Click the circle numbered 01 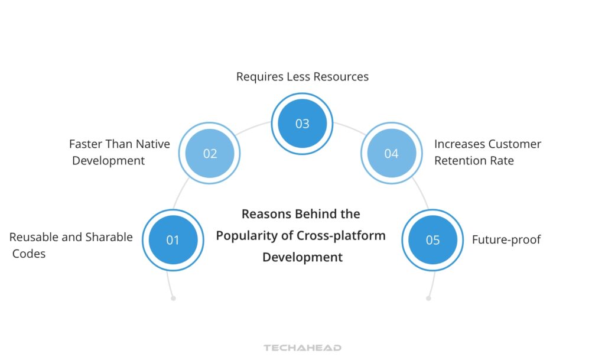pyautogui.click(x=173, y=240)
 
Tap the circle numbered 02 pyautogui.click(x=210, y=154)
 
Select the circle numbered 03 pyautogui.click(x=302, y=124)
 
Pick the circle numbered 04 pyautogui.click(x=391, y=154)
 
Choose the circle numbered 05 pyautogui.click(x=432, y=240)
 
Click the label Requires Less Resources pyautogui.click(x=302, y=77)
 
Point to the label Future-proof pyautogui.click(x=506, y=240)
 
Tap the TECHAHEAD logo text pyautogui.click(x=302, y=348)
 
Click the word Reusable pyautogui.click(x=34, y=237)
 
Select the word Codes pyautogui.click(x=29, y=254)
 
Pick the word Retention pyautogui.click(x=460, y=160)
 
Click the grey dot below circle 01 pyautogui.click(x=173, y=299)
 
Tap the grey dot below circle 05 pyautogui.click(x=428, y=299)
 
